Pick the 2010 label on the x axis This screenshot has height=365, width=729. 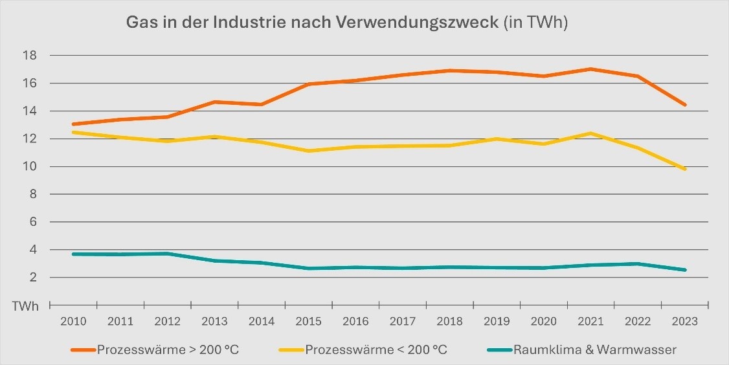[73, 321]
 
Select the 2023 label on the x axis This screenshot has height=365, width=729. [685, 321]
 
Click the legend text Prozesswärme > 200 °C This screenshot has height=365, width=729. [166, 350]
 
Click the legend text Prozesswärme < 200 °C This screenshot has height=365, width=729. [376, 350]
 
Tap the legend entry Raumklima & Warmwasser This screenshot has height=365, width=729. [594, 350]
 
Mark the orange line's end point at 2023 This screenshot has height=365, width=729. [685, 105]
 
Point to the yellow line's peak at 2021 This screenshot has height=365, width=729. [591, 133]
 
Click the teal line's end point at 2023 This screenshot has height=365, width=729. [685, 270]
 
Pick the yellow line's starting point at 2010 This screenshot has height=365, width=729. [73, 132]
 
